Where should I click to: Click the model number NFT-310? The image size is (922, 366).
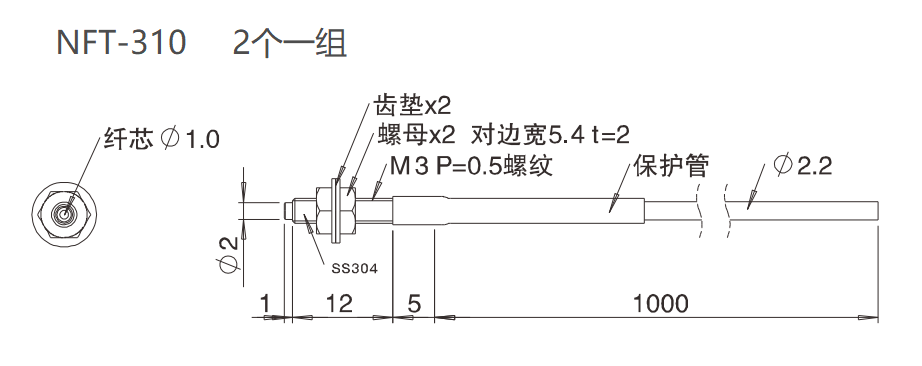tap(121, 44)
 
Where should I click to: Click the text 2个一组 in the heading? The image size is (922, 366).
tap(290, 44)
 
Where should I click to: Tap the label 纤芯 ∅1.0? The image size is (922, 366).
tap(161, 139)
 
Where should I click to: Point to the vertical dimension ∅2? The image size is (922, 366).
tap(229, 252)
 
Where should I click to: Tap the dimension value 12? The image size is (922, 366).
tap(340, 303)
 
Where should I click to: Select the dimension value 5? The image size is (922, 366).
tap(413, 303)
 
